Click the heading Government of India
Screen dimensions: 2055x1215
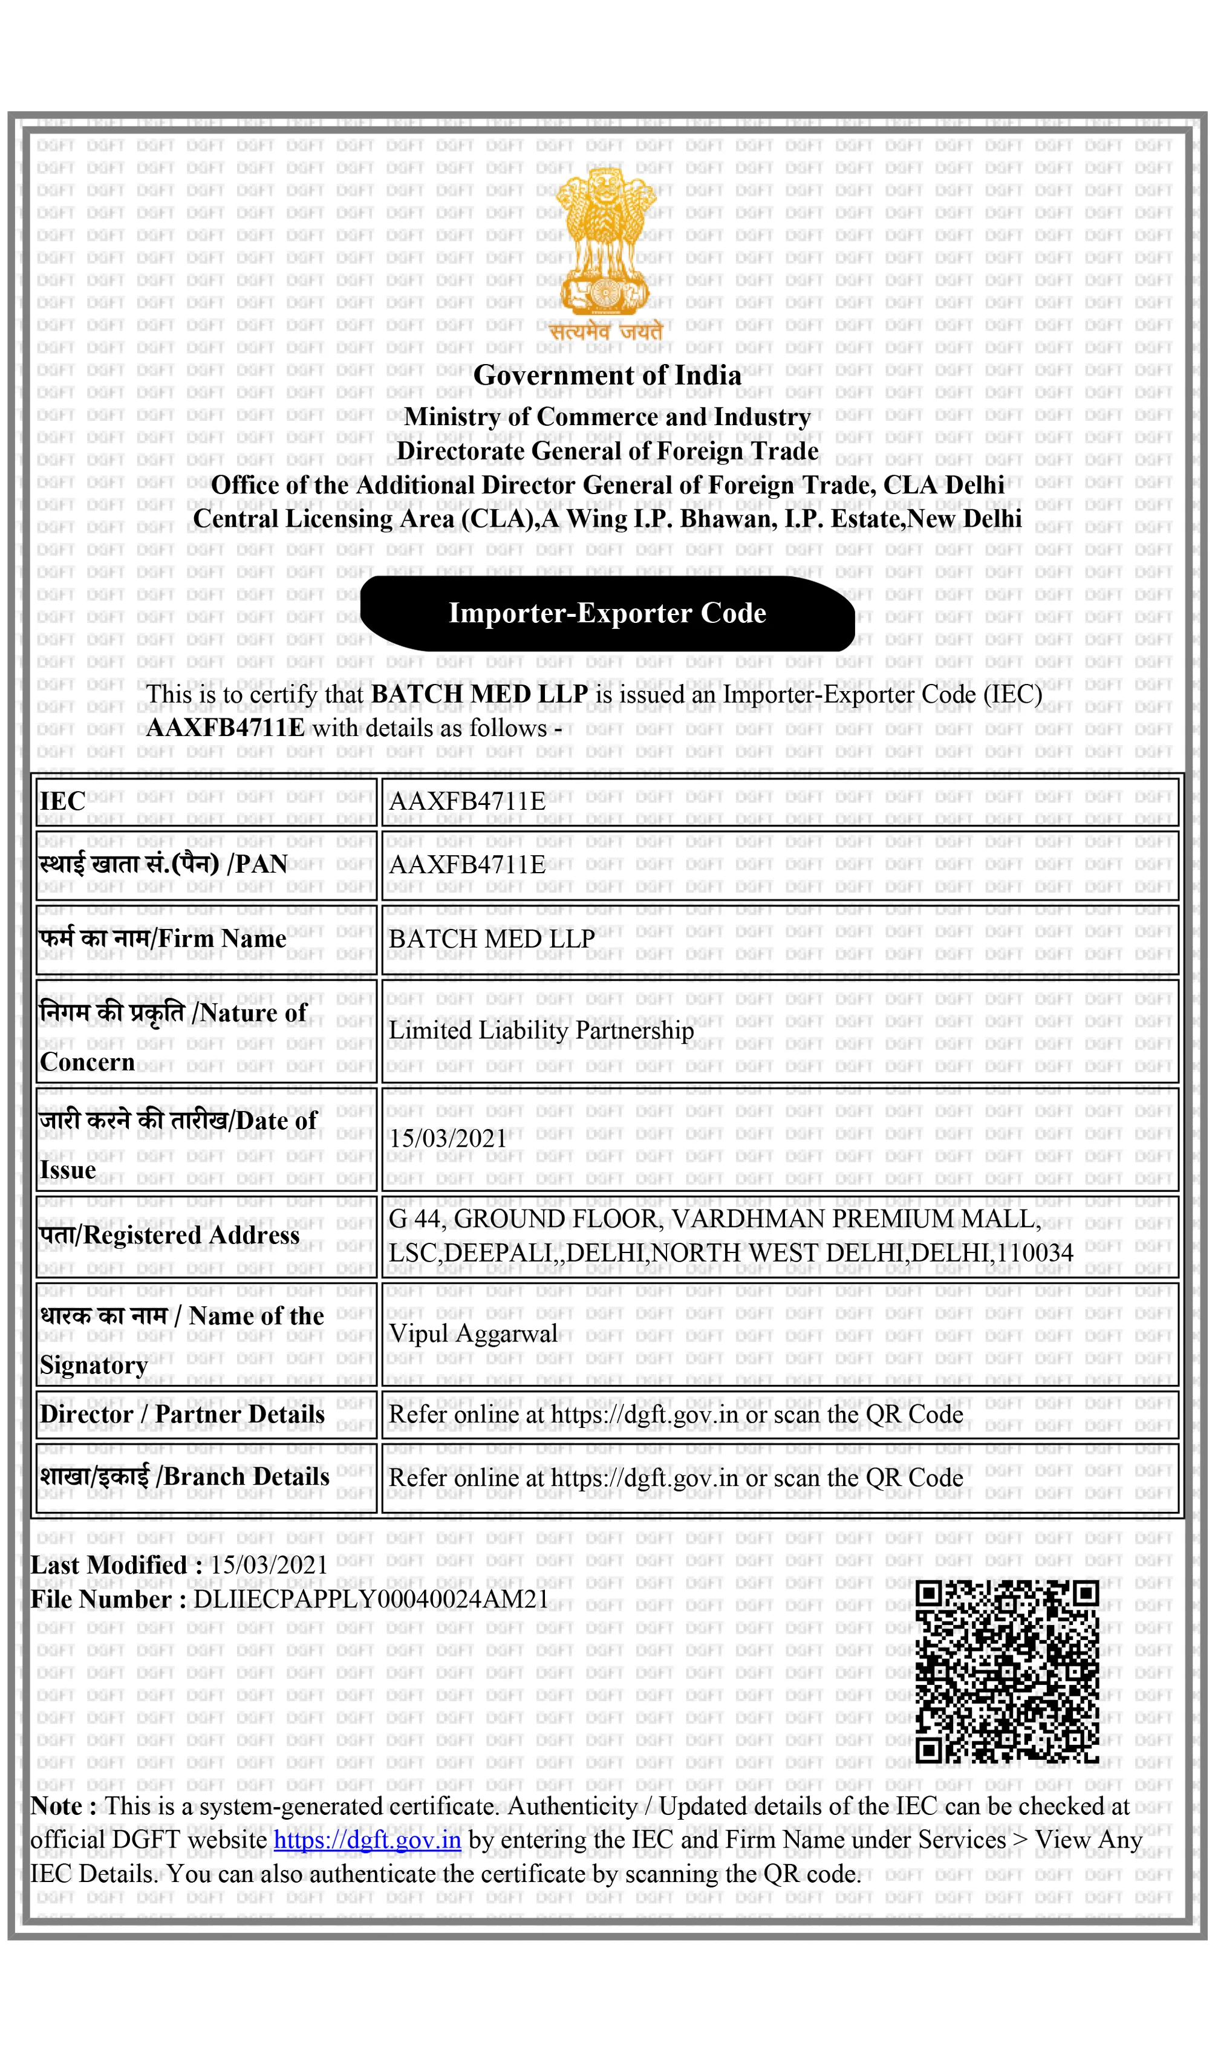tap(607, 376)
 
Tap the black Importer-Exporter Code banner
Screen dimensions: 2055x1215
tap(607, 613)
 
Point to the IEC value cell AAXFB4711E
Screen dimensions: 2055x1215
tap(467, 801)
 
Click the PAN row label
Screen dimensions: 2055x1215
tap(164, 865)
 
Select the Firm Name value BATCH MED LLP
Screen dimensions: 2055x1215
tap(491, 939)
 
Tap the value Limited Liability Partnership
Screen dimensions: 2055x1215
tap(540, 1030)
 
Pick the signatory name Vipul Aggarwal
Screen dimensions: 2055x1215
tap(472, 1334)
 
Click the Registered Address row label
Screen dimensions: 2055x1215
tap(169, 1236)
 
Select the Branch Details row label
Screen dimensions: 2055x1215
tap(184, 1477)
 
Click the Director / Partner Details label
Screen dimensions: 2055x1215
tap(182, 1415)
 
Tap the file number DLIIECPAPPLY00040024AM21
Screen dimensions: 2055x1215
tap(371, 1599)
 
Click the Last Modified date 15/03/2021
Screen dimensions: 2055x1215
tap(269, 1565)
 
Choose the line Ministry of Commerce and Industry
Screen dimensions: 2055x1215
tap(607, 417)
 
